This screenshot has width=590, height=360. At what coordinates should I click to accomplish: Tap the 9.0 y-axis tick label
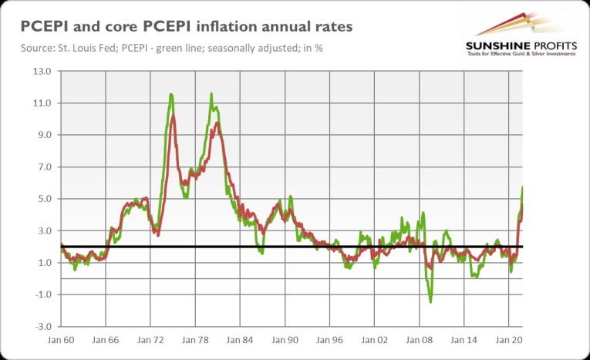pos(42,135)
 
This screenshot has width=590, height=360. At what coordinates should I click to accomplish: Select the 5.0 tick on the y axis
pos(42,199)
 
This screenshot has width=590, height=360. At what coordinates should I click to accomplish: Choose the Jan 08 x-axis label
pos(419,339)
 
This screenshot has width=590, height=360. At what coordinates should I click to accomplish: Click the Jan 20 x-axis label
pos(508,339)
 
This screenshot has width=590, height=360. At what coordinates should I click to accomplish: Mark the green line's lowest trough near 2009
pos(430,301)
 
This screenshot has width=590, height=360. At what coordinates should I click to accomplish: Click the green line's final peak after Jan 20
pos(522,187)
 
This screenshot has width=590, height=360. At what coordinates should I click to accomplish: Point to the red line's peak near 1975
pos(174,116)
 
